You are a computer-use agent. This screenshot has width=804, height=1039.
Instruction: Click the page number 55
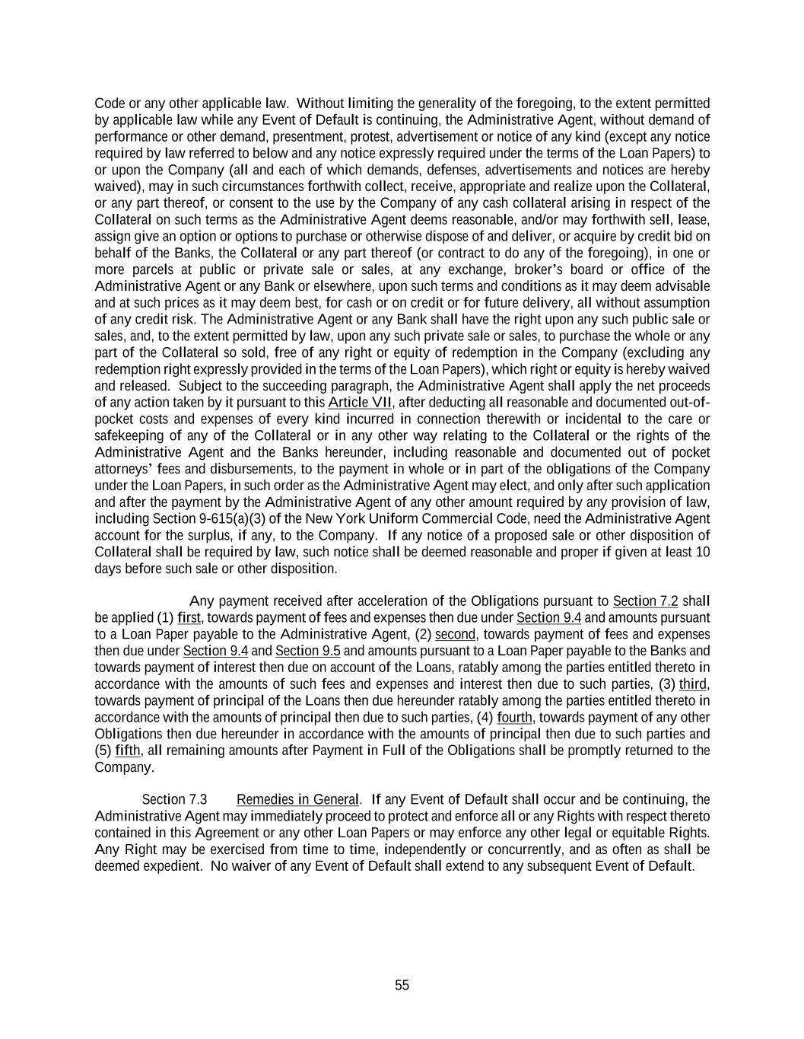tap(402, 986)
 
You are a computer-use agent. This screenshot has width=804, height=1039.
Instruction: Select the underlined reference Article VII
tap(360, 403)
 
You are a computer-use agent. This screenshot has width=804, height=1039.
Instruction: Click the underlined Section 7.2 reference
tap(645, 601)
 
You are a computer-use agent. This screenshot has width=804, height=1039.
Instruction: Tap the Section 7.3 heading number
tap(174, 800)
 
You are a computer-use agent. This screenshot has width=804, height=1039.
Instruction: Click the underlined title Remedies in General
tap(297, 800)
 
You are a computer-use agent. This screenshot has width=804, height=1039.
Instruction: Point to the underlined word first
tap(189, 618)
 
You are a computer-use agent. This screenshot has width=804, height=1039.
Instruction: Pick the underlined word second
tap(456, 635)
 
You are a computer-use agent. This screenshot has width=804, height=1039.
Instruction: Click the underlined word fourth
tap(515, 718)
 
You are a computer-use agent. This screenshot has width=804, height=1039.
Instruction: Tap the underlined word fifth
tap(128, 751)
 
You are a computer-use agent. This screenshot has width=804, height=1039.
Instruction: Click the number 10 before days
tap(703, 552)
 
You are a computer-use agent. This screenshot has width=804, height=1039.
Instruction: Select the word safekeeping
tap(129, 436)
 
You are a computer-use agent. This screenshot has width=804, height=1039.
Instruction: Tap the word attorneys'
tap(124, 470)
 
